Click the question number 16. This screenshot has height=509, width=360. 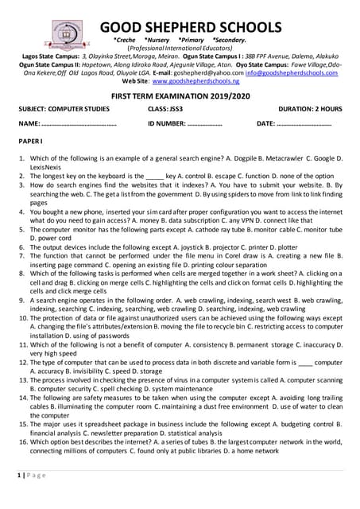coord(24,443)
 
